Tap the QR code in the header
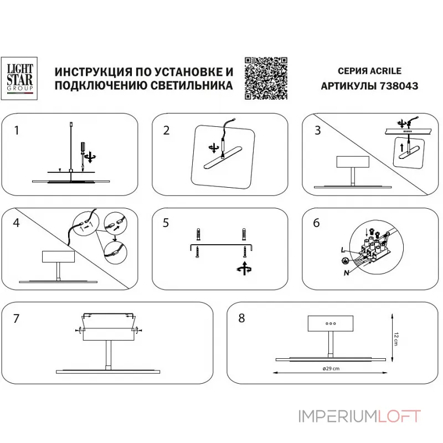266,78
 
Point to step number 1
17,131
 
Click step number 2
166,131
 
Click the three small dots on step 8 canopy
329,323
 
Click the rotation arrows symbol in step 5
243,270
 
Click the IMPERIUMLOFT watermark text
360,416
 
